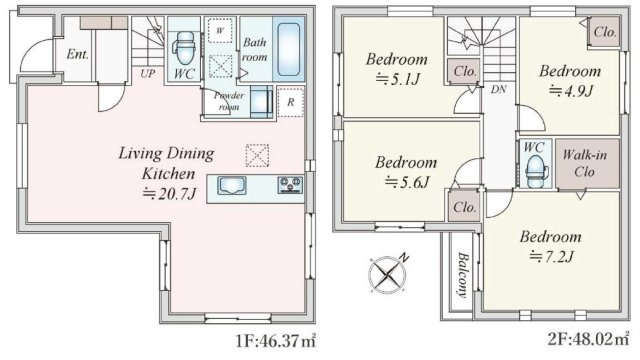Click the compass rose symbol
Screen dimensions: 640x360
tap(387, 274)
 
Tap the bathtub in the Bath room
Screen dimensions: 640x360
tap(289, 49)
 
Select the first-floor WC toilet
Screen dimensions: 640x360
tap(186, 48)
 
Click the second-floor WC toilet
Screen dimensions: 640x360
tap(534, 171)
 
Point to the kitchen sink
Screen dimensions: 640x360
tap(231, 185)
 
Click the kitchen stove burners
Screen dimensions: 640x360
tap(290, 185)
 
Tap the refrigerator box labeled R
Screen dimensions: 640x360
tap(291, 102)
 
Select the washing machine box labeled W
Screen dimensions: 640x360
tap(220, 30)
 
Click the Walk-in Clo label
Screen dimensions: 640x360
tap(584, 163)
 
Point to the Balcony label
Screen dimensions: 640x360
tap(462, 275)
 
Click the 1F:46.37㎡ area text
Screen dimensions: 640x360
tap(276, 340)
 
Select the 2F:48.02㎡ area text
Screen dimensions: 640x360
tap(589, 339)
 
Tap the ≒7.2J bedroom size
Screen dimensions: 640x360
tap(552, 257)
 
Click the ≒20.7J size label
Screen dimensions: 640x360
tap(169, 193)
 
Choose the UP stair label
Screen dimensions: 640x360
tap(147, 73)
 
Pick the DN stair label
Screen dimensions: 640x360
tap(498, 89)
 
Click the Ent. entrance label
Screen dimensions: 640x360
tap(78, 54)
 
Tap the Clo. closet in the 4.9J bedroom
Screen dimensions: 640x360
tap(604, 32)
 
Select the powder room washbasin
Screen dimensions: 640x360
tap(261, 101)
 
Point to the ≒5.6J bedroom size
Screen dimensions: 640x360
tap(407, 182)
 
